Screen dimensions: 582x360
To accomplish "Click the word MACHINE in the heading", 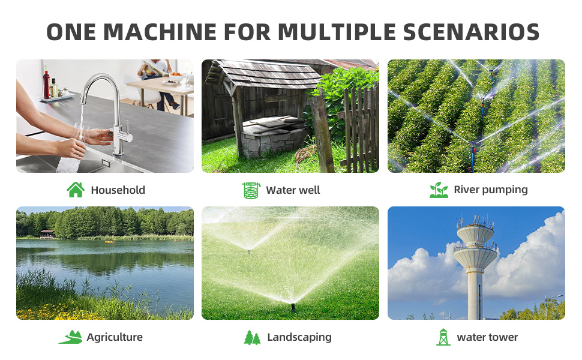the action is [x=160, y=32].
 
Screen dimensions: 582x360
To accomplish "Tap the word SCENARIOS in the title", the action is [x=471, y=32].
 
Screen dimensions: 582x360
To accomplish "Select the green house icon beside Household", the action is [x=76, y=190].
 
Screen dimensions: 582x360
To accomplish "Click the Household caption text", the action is [x=118, y=190].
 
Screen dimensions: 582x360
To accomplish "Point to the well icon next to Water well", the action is [x=251, y=190].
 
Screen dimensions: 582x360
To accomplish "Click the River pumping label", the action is [x=491, y=190].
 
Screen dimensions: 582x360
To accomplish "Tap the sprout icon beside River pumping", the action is [x=439, y=190].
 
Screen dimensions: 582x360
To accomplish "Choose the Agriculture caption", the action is [x=115, y=337].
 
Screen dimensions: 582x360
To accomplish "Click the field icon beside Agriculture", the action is [x=71, y=337].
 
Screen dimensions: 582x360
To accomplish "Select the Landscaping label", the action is [x=299, y=337].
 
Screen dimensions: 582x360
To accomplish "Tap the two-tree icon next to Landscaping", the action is [x=253, y=337].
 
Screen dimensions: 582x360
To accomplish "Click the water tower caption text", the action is [x=487, y=337].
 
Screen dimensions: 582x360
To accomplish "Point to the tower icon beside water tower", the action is [x=443, y=337].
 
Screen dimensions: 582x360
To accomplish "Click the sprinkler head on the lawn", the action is [x=293, y=307].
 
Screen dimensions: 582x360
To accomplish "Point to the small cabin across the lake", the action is [x=47, y=234].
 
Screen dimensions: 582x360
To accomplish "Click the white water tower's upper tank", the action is [x=475, y=232].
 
